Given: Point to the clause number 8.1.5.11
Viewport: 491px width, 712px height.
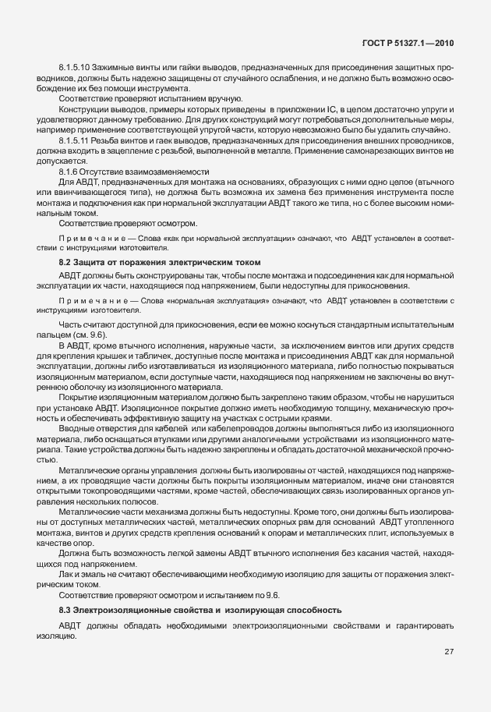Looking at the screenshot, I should point(76,140).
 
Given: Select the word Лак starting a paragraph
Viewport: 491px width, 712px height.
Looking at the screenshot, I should point(66,572).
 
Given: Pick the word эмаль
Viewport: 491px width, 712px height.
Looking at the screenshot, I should point(96,572).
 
